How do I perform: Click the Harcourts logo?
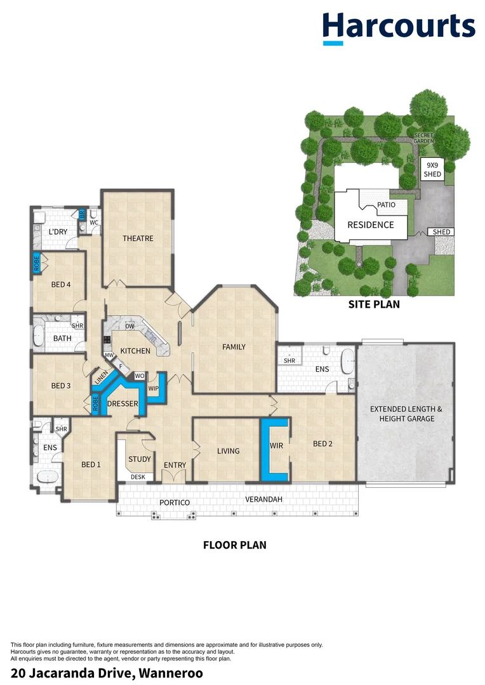399,28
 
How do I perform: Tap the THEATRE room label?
138,238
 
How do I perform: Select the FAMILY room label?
234,347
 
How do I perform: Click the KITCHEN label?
135,351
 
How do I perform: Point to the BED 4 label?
61,284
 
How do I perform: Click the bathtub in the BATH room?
39,335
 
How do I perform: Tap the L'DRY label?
58,232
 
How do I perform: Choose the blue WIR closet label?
276,446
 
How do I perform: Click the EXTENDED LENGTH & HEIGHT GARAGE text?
406,414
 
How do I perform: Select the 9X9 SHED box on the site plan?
432,169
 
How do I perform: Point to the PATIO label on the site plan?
386,204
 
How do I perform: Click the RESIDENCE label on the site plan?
371,225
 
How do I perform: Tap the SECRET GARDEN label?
423,138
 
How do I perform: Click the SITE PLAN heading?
374,304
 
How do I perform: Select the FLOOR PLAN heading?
235,545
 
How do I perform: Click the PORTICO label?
175,503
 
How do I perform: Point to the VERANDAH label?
263,499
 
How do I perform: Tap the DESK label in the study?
138,477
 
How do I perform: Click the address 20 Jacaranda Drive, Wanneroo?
107,673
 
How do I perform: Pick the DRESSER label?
123,403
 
